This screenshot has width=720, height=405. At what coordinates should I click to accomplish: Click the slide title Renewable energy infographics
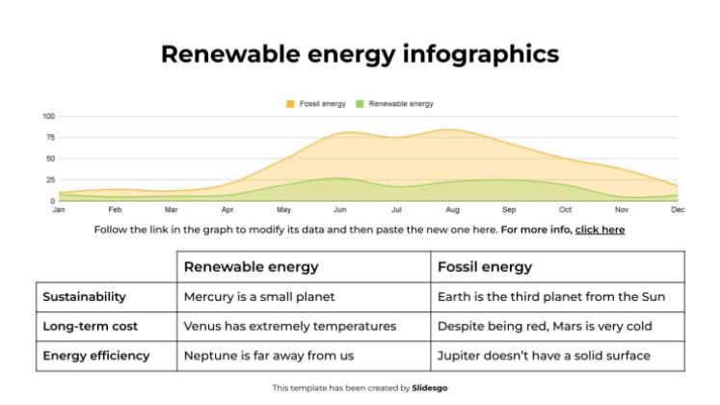click(360, 54)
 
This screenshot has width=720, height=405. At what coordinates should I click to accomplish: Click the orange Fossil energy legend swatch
click(290, 103)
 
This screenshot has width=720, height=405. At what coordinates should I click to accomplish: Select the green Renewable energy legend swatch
click(360, 103)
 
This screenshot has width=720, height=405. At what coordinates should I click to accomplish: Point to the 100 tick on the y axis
click(48, 117)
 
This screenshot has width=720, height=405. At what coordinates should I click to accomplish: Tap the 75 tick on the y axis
click(50, 138)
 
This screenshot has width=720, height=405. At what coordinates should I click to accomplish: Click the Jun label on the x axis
click(339, 209)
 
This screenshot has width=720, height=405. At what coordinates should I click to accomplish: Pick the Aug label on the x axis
click(452, 209)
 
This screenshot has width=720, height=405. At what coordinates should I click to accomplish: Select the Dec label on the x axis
click(678, 209)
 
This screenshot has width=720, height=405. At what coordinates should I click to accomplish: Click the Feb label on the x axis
click(115, 209)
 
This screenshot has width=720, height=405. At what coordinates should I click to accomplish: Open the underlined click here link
click(600, 229)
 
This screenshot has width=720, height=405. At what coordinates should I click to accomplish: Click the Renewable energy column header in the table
click(251, 267)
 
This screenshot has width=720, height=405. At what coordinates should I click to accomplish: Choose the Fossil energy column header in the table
click(484, 267)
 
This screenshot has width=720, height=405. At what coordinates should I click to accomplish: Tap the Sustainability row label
click(84, 297)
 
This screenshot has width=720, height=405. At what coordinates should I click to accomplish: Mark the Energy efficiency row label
click(96, 355)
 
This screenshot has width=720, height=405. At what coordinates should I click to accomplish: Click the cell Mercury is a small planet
click(259, 297)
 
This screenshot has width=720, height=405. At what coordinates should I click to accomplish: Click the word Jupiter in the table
click(460, 355)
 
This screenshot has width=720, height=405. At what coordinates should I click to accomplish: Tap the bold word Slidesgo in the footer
click(430, 388)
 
